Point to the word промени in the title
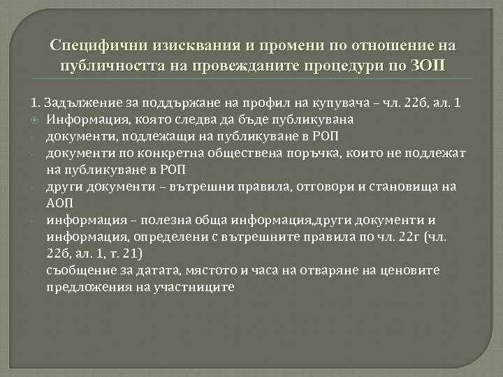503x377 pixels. click(263, 47)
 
